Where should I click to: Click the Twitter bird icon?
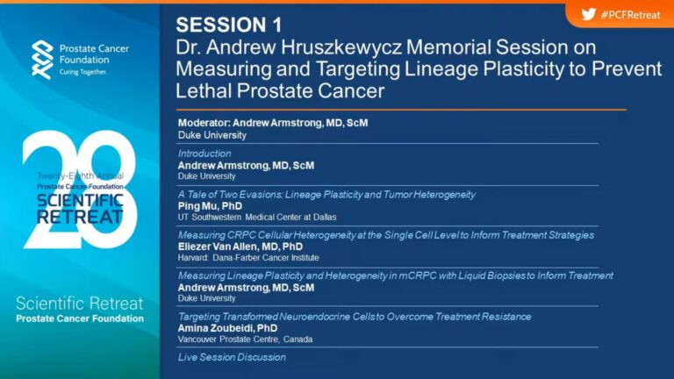[x=589, y=14]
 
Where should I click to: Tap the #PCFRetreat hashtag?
[x=631, y=15]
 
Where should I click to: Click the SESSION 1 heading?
[x=229, y=25]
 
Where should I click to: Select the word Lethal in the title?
[x=204, y=90]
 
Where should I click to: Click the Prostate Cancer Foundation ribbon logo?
[x=42, y=60]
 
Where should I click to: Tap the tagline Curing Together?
[x=83, y=72]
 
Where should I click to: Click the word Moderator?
[x=204, y=123]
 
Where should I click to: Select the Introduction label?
[x=204, y=154]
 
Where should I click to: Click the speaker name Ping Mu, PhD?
[x=211, y=206]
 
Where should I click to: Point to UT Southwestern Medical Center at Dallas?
[x=257, y=218]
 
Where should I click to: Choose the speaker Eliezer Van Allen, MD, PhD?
[x=240, y=247]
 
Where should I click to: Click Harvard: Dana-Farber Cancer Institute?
[x=248, y=258]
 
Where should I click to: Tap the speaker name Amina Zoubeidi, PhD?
[x=228, y=328]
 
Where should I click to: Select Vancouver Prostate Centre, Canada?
[x=245, y=340]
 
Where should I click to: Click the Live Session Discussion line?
[x=232, y=357]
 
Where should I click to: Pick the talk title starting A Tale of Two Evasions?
[x=326, y=195]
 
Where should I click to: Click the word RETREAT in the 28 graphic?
[x=80, y=217]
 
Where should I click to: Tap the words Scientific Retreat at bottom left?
[x=80, y=304]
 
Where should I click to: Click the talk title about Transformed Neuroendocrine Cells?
[x=355, y=317]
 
